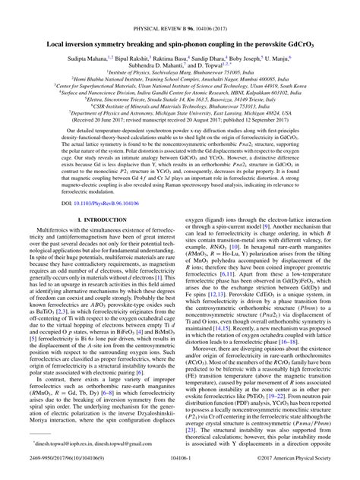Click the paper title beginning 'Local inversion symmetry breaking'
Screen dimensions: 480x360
pos(180,24)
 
